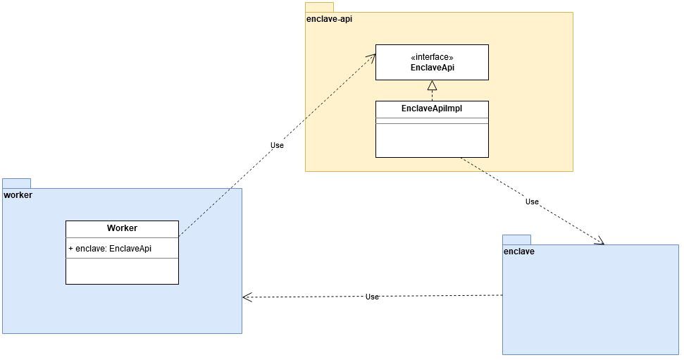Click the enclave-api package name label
tap(329, 19)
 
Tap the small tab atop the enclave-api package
tap(318, 6)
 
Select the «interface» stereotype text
tap(432, 57)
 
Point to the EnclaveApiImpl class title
tap(432, 108)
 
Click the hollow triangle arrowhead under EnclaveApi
tap(432, 86)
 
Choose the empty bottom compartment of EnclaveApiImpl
tap(432, 140)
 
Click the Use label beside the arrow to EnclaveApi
tap(277, 145)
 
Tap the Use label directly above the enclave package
tap(532, 201)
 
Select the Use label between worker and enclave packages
tap(372, 297)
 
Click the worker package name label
tap(18, 194)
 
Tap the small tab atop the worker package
tap(16, 182)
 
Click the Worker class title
tap(122, 228)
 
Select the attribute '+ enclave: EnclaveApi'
tap(110, 249)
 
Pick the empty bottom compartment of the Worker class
tap(122, 271)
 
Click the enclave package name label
tap(518, 251)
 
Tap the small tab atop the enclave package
tap(516, 239)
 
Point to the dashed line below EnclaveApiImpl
tap(472, 164)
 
